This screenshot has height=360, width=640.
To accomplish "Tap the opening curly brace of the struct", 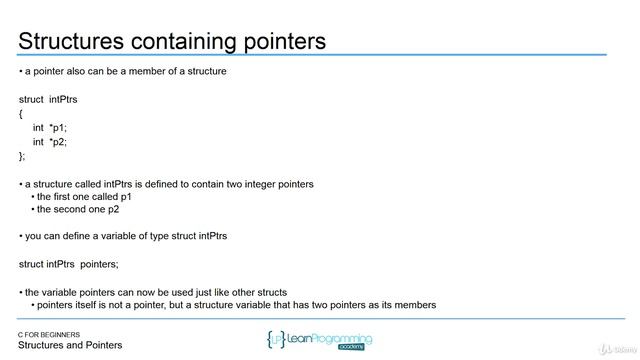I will (21, 113).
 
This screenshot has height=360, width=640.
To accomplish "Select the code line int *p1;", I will (50, 127).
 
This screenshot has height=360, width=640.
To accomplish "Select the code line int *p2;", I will (50, 141).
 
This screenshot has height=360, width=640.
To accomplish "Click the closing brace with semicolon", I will (23, 155).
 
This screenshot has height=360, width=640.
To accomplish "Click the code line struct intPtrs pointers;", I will (69, 264).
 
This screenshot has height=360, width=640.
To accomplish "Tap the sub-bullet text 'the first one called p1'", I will (85, 197).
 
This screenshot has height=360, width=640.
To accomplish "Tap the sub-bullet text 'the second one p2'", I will (78, 210).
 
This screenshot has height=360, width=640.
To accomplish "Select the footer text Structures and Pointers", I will (70, 346).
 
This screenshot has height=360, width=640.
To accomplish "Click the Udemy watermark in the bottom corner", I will (613, 347).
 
